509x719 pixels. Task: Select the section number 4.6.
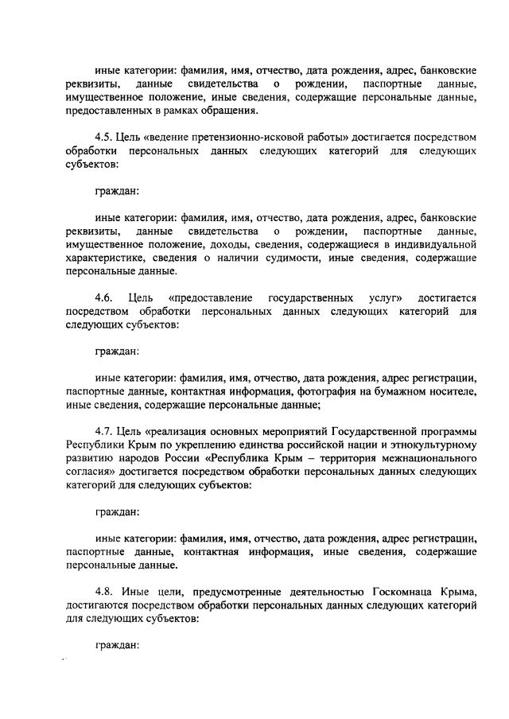coord(105,297)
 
